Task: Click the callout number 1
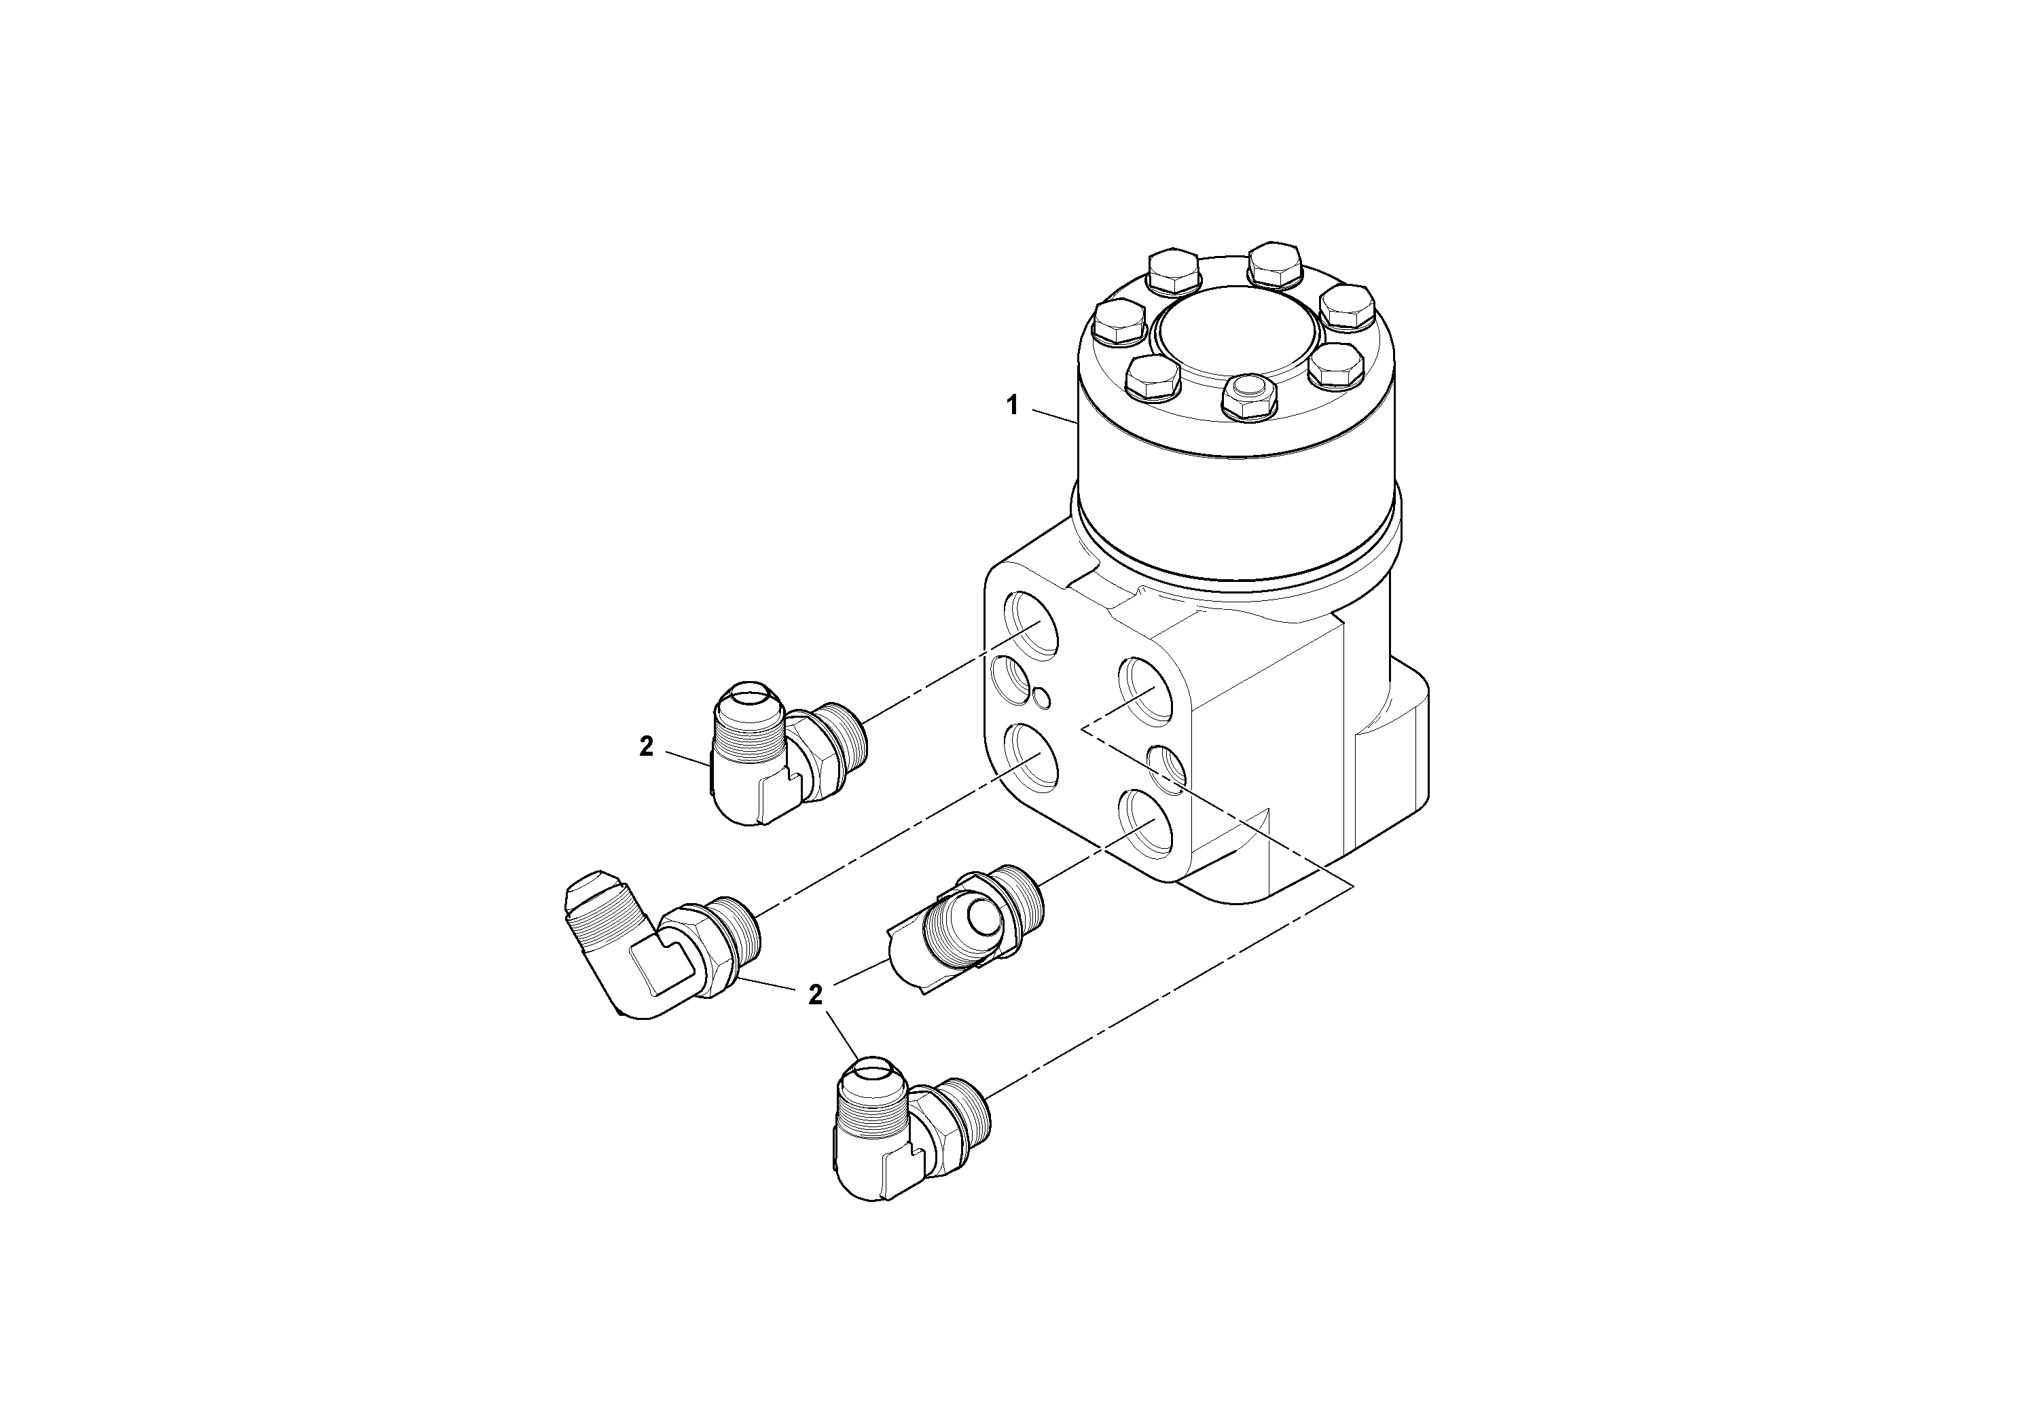[1013, 406]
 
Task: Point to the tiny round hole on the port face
[1043, 697]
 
